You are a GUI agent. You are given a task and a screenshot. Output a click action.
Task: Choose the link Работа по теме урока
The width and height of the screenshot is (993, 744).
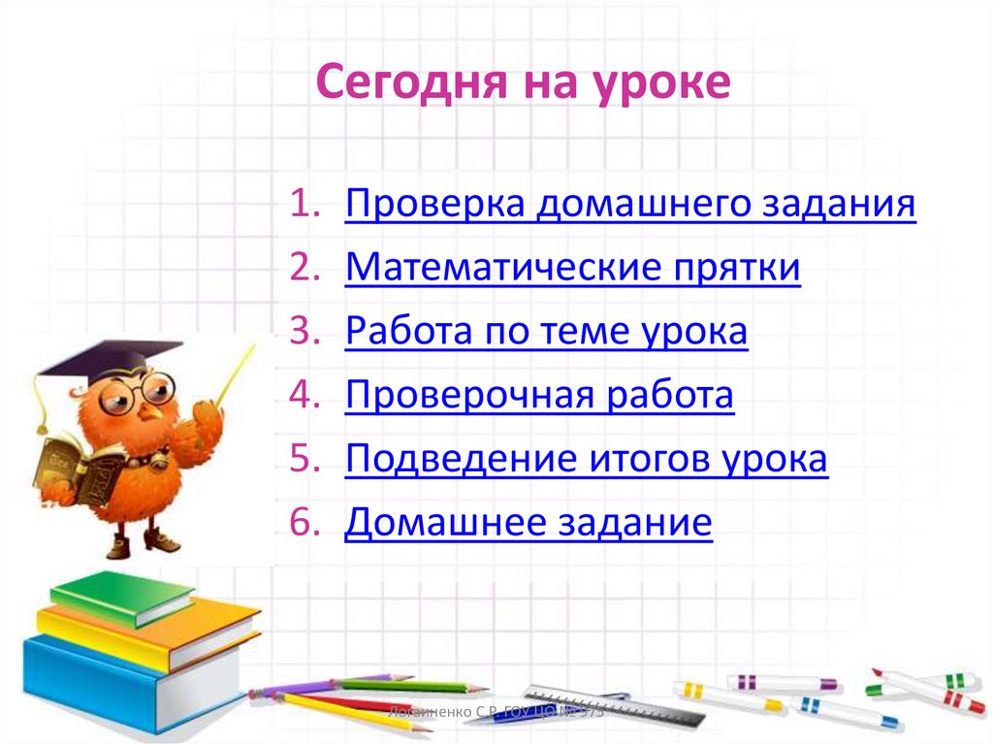pos(546,332)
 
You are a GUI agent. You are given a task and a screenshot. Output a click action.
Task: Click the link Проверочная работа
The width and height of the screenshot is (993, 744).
pos(539,396)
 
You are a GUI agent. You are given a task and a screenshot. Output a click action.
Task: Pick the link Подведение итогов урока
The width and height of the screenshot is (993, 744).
pos(586,459)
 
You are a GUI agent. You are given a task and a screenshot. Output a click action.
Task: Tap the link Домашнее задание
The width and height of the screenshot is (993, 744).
pos(529,524)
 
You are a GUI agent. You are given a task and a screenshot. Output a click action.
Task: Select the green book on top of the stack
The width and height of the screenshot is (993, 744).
pos(120,593)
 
